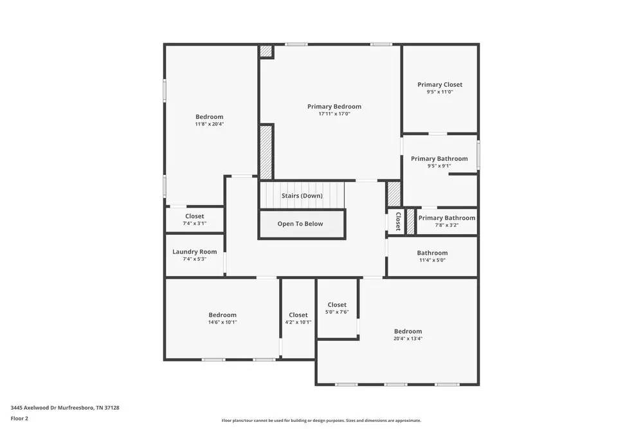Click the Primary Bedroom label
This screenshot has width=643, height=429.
point(334,107)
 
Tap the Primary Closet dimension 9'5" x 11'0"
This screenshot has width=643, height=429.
point(440,92)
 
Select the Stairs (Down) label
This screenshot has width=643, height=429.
point(302,196)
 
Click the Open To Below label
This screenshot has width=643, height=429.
point(300,224)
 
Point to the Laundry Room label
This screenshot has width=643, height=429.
point(194,252)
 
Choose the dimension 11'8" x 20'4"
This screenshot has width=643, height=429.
point(210,124)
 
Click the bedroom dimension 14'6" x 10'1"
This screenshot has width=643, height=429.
point(222,322)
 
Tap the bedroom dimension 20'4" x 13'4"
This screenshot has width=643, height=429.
point(408,338)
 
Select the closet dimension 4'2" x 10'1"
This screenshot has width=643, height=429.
point(298,322)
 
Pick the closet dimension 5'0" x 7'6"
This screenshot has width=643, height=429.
point(337,312)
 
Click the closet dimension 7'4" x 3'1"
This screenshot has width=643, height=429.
point(194,224)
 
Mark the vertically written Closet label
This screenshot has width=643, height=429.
point(398,221)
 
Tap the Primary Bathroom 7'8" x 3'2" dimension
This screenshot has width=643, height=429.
point(446,225)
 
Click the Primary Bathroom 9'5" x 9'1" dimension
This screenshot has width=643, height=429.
point(440,166)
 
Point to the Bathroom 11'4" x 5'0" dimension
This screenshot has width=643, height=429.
point(432,260)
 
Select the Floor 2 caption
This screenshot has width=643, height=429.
point(19,418)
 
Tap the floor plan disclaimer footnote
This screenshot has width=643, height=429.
point(322,420)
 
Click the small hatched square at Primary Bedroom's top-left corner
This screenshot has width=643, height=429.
point(266,51)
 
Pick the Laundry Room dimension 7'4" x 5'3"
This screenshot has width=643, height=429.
point(194,259)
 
